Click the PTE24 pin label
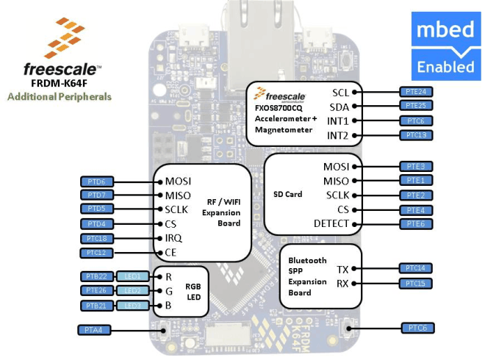tap(416, 92)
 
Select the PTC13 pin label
tap(416, 135)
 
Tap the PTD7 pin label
tap(96, 195)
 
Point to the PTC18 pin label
tap(96, 238)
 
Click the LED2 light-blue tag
tap(132, 291)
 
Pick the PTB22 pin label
tap(96, 276)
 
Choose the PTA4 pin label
tap(93, 330)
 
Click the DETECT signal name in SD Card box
tap(331, 224)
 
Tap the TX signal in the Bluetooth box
tap(342, 270)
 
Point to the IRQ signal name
tap(174, 238)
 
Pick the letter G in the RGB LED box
tap(169, 291)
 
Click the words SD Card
tap(287, 195)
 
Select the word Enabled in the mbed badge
tap(445, 67)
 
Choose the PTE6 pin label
tap(416, 224)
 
